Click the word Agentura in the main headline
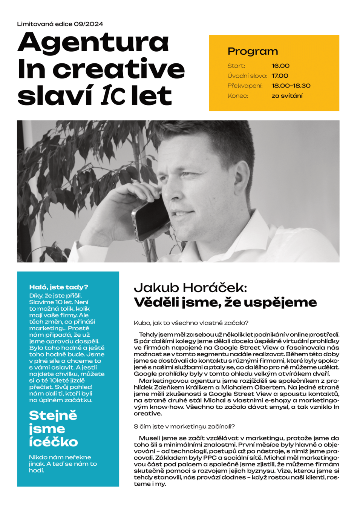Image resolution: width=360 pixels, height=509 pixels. click(93, 43)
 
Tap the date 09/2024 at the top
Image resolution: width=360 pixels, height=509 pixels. click(88, 24)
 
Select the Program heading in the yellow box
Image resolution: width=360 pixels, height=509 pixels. click(253, 51)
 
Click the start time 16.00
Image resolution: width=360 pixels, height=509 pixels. click(280, 66)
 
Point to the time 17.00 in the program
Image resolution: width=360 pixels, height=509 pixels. click(280, 76)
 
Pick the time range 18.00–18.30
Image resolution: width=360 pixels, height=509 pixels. click(291, 86)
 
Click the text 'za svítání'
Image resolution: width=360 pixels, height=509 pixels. click(287, 96)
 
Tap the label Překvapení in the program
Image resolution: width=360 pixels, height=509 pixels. click(245, 86)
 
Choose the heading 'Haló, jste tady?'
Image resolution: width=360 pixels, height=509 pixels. click(58, 287)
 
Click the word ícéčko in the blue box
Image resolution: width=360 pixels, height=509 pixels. click(53, 442)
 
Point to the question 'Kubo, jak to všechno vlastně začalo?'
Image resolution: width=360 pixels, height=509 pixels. click(191, 323)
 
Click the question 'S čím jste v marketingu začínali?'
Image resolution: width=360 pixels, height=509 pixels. click(184, 426)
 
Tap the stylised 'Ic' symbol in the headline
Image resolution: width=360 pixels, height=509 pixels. click(113, 96)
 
